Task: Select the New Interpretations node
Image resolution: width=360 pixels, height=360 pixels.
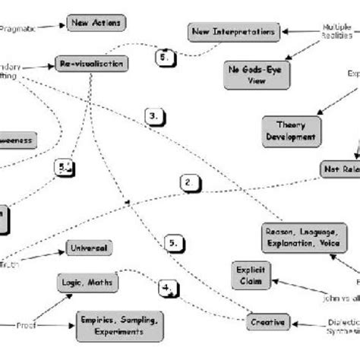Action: point(223,31)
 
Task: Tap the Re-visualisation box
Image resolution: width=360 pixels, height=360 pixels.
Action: point(90,64)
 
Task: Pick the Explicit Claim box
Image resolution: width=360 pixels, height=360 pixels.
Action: point(250,274)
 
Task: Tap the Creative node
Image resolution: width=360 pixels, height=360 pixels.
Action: point(267,322)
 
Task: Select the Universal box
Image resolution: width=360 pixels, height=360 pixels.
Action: point(90,248)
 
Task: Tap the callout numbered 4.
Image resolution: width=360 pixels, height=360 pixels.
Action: point(169,288)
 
